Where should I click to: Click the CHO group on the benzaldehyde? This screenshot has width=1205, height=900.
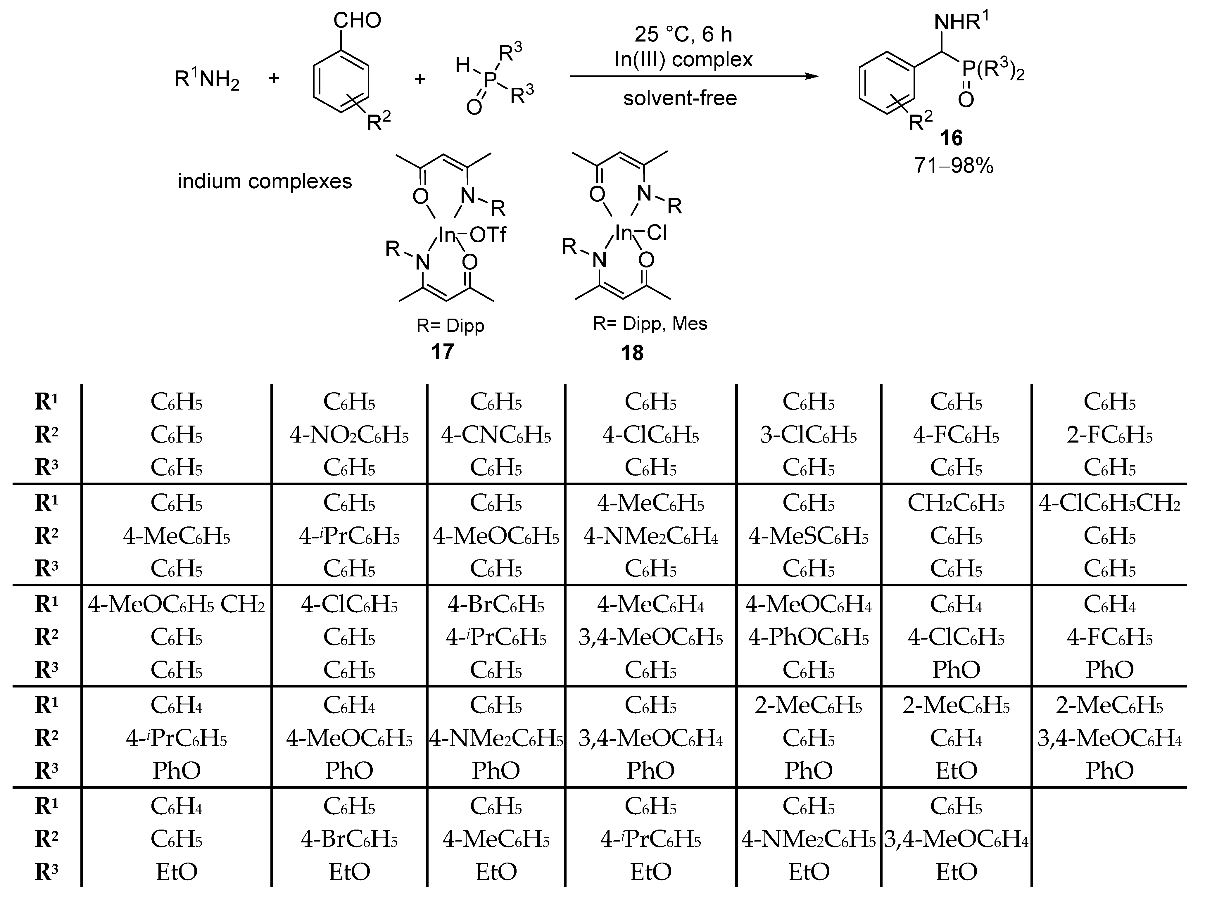tap(357, 21)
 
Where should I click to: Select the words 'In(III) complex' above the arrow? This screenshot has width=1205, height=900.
tap(683, 59)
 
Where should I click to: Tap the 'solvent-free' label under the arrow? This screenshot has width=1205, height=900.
tap(680, 98)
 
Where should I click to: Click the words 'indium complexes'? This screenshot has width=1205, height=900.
tap(265, 181)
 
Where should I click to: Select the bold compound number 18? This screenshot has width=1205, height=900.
tap(632, 353)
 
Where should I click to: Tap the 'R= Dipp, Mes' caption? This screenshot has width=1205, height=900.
tap(650, 324)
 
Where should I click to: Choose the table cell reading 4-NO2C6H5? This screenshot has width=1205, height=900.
tap(349, 435)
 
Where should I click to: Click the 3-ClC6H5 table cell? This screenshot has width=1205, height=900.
tap(808, 435)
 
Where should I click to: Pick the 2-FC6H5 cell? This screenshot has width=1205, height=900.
tap(1109, 435)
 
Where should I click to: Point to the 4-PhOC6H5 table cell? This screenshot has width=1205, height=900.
tap(808, 638)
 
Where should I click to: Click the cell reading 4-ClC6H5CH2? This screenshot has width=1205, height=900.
tap(1109, 503)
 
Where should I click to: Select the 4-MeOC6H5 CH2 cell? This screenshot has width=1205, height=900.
tap(177, 605)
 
